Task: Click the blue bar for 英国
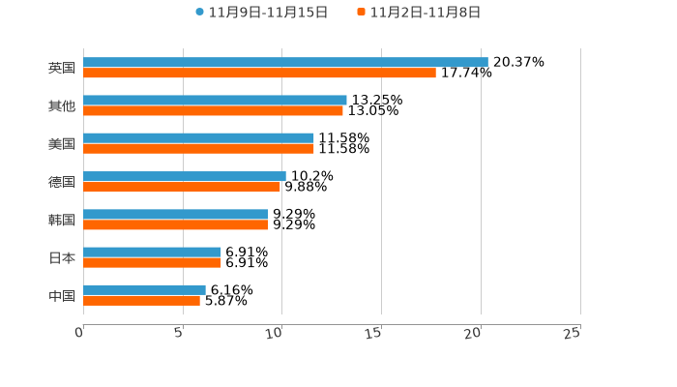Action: click(x=285, y=62)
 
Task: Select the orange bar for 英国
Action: click(x=259, y=73)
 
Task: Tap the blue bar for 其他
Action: click(x=215, y=100)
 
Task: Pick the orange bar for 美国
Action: click(x=198, y=149)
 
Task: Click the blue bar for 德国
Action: click(x=185, y=176)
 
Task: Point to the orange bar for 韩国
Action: click(x=175, y=224)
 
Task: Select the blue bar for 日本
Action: click(x=152, y=252)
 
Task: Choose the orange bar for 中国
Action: click(x=141, y=301)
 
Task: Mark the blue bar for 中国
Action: click(x=144, y=289)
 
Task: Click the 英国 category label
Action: click(x=62, y=68)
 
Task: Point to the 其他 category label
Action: click(x=62, y=105)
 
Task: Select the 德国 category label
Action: click(x=62, y=182)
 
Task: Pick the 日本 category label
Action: click(x=62, y=258)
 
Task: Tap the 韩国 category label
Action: click(x=62, y=220)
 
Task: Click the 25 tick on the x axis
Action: click(x=573, y=333)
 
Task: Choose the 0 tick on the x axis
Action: click(x=80, y=333)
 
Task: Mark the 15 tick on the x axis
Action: click(x=374, y=333)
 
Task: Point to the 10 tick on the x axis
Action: click(x=275, y=333)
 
